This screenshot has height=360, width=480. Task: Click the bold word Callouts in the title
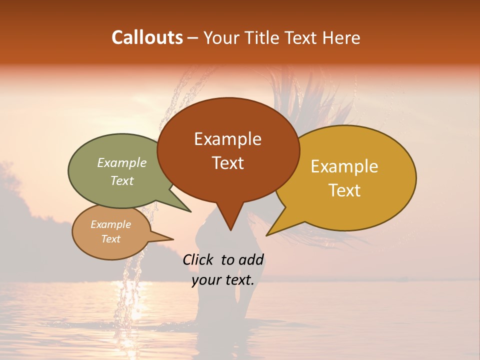click(x=147, y=37)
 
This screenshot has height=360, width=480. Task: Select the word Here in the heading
click(x=341, y=37)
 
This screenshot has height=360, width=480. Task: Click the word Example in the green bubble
click(x=122, y=163)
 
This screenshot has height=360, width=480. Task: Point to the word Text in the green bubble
click(x=122, y=180)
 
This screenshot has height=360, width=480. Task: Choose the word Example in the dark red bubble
click(x=227, y=139)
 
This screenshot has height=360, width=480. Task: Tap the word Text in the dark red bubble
click(x=228, y=163)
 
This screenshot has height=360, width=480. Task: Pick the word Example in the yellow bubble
click(x=344, y=166)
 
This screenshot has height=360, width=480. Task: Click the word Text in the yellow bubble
click(x=345, y=190)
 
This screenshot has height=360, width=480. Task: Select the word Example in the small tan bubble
click(x=110, y=224)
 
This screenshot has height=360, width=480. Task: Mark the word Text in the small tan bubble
click(x=110, y=239)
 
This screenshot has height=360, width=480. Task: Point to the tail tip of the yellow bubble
click(x=268, y=234)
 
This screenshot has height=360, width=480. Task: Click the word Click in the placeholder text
click(x=198, y=259)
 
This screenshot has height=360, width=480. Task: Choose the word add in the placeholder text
click(x=251, y=259)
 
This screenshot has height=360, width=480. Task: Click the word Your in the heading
click(x=222, y=37)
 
